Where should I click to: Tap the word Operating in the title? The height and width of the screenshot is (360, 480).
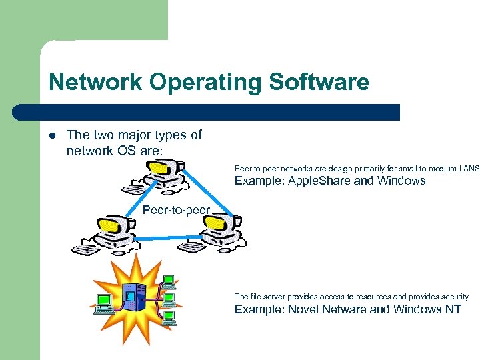[206, 83]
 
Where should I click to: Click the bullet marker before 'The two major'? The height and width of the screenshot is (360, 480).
[53, 135]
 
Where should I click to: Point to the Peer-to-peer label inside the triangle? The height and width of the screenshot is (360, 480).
[176, 211]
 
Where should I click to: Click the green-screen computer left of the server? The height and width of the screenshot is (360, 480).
[104, 304]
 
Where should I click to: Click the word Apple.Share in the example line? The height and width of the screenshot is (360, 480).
[316, 181]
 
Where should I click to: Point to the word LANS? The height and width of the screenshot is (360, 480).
[469, 169]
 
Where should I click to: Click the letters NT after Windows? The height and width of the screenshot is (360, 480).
[453, 309]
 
